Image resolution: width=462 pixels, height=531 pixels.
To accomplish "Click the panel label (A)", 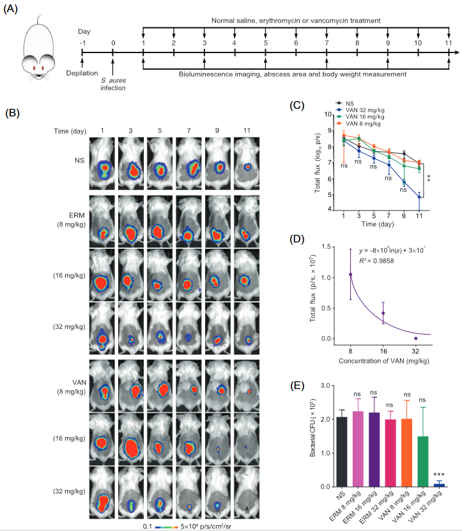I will click(15, 11).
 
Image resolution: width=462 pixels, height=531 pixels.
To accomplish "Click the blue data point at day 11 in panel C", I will click(419, 197).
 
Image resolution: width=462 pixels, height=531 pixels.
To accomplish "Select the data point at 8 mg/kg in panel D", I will click(351, 274).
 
